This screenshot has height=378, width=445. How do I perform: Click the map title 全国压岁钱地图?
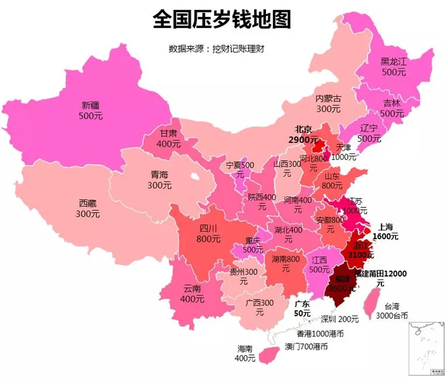point(222,19)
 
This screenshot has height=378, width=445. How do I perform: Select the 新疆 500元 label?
point(90,111)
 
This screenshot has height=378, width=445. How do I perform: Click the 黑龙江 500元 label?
point(393,67)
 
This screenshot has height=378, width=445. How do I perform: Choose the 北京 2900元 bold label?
point(303,134)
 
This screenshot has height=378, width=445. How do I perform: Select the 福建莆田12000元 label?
point(380,278)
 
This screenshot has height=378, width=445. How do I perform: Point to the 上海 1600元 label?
point(385,231)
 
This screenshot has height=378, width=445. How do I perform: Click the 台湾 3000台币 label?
point(392,311)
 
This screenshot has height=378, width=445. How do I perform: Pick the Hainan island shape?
point(269,355)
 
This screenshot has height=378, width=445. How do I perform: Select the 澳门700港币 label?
point(306,346)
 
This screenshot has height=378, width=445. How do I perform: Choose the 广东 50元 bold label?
point(302,309)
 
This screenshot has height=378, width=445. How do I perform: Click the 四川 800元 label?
point(208,234)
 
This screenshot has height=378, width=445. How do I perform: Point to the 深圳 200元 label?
point(340,319)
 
